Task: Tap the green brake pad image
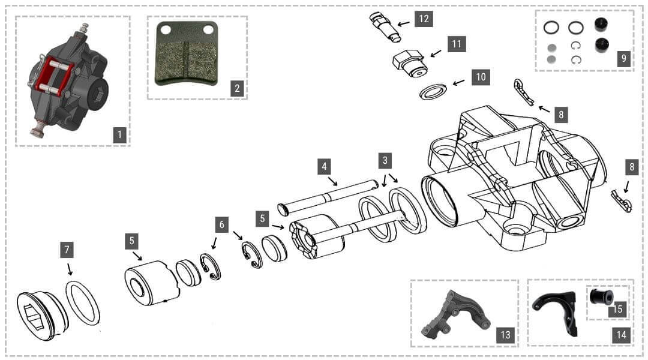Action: [186, 54]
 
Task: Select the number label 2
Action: [238, 89]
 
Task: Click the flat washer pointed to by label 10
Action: [433, 91]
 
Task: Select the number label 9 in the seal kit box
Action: [624, 58]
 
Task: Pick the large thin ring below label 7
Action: [83, 302]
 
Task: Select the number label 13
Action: [505, 335]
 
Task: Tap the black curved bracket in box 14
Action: [556, 312]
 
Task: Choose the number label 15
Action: [617, 310]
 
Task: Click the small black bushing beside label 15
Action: [599, 297]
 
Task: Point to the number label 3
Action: [385, 160]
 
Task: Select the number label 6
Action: [222, 224]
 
